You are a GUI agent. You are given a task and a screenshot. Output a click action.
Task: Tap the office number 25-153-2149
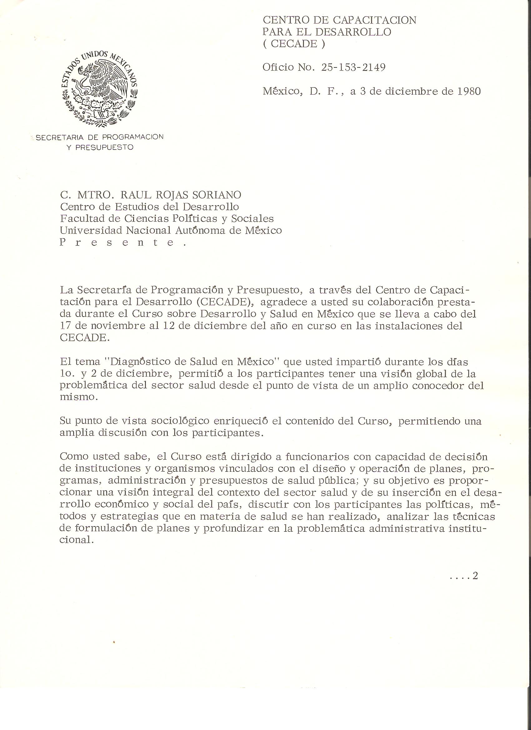point(353,67)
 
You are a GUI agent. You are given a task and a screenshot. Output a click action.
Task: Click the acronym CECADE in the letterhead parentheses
point(294,44)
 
